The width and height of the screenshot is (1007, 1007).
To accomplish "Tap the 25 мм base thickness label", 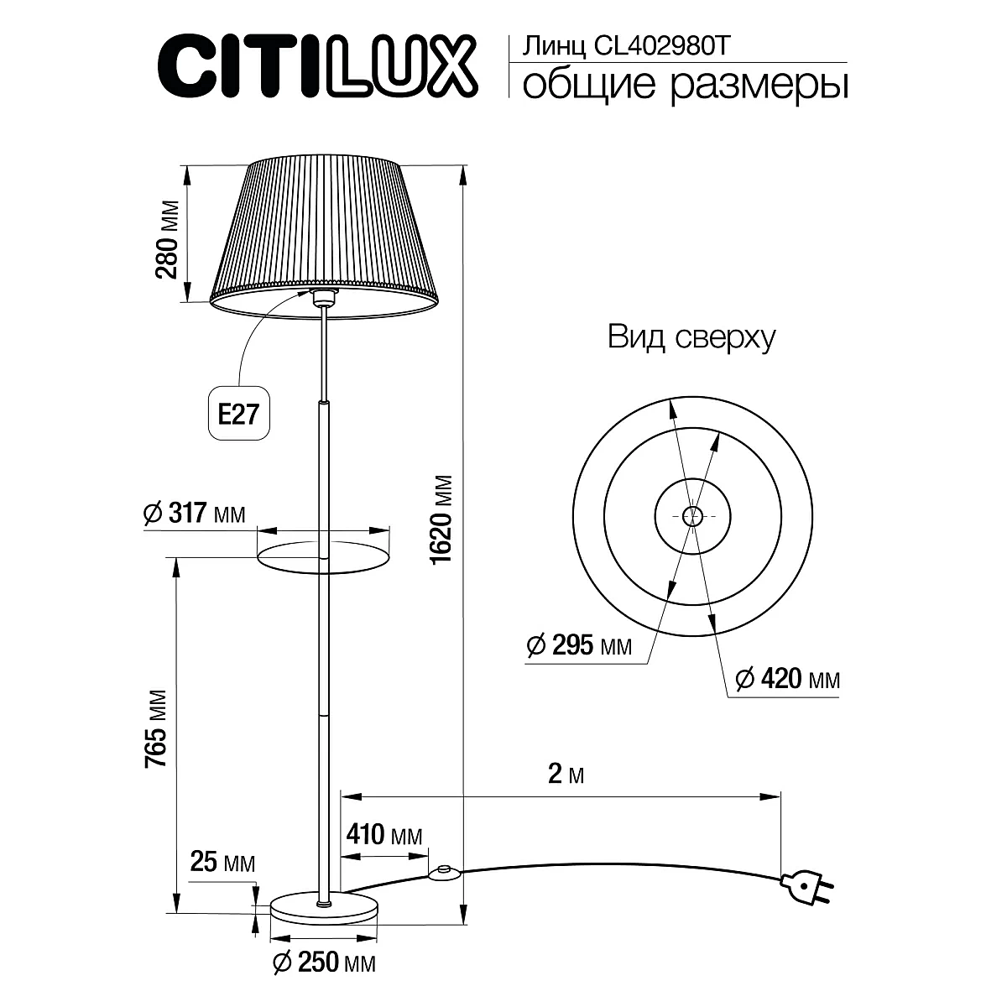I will (222, 862).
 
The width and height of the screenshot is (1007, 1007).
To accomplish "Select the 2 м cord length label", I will (565, 774).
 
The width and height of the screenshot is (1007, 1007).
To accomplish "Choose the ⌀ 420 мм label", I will (786, 678).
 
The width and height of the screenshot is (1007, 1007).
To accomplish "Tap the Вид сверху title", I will (691, 338).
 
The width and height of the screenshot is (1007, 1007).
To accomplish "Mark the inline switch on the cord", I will (442, 874).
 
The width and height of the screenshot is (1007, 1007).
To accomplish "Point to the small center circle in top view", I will (692, 516).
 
